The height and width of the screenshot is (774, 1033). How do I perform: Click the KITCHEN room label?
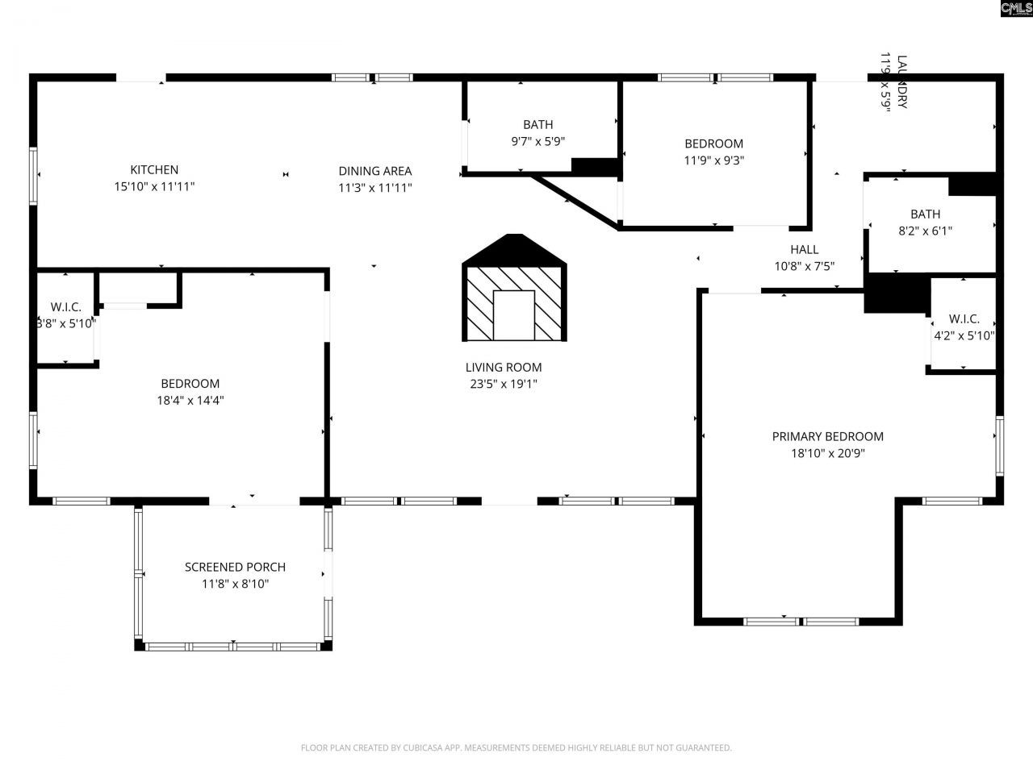(x=154, y=170)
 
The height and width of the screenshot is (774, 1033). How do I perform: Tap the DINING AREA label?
(x=374, y=171)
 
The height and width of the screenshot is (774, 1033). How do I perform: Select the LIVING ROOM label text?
(x=503, y=368)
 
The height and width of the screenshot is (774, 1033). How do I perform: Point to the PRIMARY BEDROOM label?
(x=827, y=437)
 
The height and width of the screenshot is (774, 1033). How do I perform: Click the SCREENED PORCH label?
(x=235, y=568)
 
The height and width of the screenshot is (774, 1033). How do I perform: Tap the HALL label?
(x=804, y=250)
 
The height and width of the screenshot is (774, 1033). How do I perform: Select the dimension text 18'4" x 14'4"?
(x=190, y=400)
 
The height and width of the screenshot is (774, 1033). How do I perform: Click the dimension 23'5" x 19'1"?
(x=503, y=385)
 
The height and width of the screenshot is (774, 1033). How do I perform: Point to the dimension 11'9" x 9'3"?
(x=713, y=160)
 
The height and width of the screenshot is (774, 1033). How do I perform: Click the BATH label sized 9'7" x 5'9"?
(x=537, y=125)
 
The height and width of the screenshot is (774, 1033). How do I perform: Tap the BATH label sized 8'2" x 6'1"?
(x=925, y=214)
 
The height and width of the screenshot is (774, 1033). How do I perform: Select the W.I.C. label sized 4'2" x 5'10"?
(x=964, y=319)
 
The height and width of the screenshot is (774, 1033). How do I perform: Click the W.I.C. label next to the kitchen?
(x=65, y=307)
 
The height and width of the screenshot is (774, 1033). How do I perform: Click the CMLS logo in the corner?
(x=1014, y=9)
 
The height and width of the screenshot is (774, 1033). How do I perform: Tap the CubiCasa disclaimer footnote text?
(x=516, y=748)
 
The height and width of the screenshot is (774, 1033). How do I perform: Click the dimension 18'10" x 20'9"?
(x=827, y=453)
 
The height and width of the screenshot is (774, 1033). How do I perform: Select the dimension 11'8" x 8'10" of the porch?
(x=235, y=584)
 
